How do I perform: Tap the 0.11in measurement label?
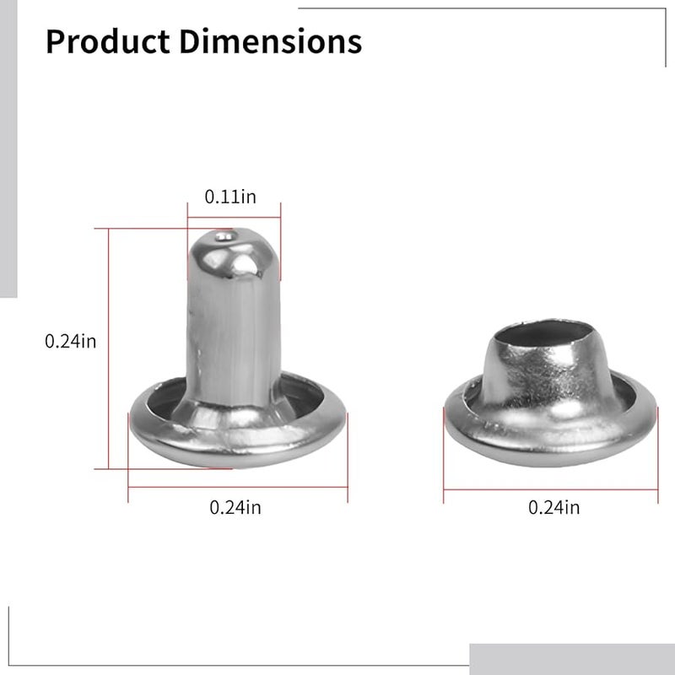coord(230,197)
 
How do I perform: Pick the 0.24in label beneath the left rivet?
coord(235,507)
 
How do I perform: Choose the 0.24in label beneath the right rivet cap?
coord(553,507)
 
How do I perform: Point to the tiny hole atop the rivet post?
coord(223,237)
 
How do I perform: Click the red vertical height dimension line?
coord(109,354)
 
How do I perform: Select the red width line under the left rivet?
coord(237,487)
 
